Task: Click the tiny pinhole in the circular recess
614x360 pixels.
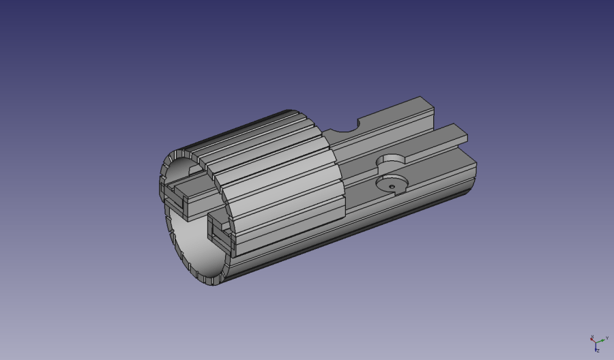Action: point(392,185)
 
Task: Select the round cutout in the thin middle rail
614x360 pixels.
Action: point(391,161)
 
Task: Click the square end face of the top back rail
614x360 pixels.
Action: point(427,106)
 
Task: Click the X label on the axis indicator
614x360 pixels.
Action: point(592,337)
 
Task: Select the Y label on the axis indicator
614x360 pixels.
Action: point(607,337)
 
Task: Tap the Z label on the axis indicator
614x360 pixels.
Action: point(597,350)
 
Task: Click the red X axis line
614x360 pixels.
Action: point(594,340)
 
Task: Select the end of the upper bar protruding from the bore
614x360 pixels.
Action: point(173,198)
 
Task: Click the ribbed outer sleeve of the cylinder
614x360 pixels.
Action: point(273,177)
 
